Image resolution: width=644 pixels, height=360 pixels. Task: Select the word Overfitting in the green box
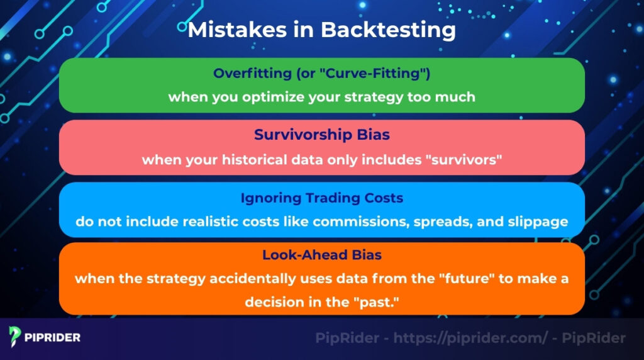click(250, 73)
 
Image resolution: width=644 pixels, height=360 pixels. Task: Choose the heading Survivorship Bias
click(321, 135)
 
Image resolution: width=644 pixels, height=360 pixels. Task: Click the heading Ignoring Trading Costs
click(321, 198)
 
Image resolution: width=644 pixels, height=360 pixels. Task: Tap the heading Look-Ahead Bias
click(321, 255)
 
